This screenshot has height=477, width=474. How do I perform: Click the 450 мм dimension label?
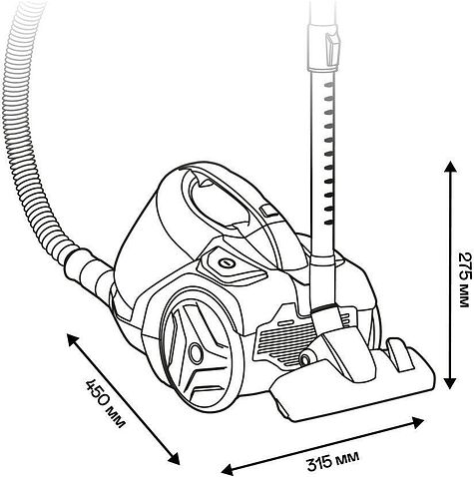[106, 403]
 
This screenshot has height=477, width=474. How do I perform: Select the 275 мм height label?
[465, 279]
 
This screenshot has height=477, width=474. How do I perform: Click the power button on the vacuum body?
[227, 263]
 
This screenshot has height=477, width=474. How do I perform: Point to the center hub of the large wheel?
[196, 352]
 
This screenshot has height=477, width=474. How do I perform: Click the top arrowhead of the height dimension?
[450, 168]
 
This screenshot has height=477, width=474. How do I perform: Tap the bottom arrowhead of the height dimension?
[450, 382]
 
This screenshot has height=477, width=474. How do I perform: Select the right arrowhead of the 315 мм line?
[417, 422]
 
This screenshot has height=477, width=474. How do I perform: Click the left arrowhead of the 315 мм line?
[229, 469]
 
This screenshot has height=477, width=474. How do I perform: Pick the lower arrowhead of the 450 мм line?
[174, 458]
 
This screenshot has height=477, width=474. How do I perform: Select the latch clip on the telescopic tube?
[333, 49]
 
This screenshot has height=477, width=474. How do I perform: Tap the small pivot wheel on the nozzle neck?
[305, 358]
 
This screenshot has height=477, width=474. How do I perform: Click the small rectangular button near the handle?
[268, 211]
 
